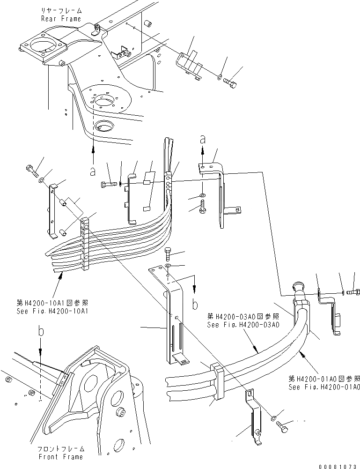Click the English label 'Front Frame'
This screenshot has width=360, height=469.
[x=60, y=456]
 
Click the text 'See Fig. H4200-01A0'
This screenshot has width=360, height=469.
[x=324, y=387]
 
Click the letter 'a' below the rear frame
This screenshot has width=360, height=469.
[x=93, y=171]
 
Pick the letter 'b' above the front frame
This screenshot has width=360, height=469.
[x=41, y=331]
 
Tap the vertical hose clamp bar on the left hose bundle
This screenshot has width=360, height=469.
[x=85, y=244]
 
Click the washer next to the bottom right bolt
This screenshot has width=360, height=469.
[x=273, y=417]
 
